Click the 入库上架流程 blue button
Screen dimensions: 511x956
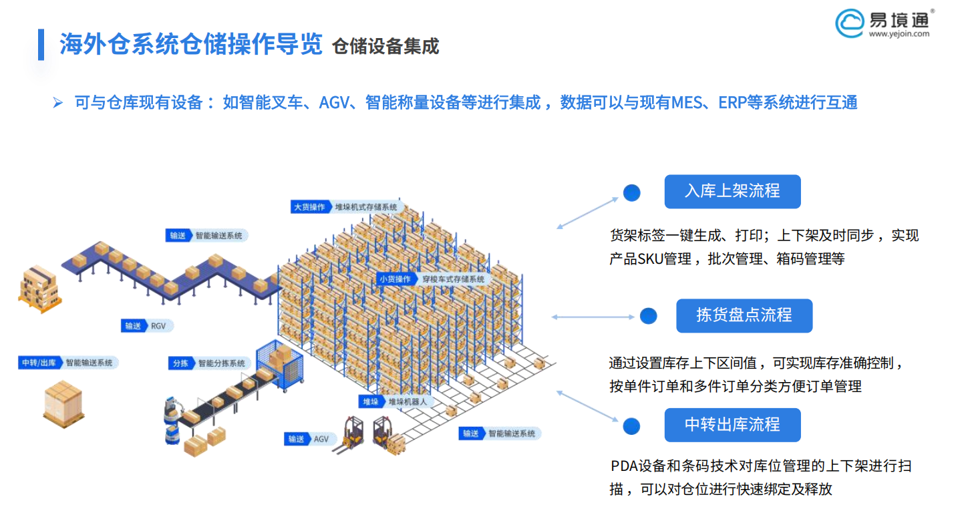click(732, 191)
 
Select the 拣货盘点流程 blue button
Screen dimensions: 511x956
click(744, 315)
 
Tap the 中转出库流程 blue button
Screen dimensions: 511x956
click(732, 424)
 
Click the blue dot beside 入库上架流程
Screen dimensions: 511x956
click(631, 193)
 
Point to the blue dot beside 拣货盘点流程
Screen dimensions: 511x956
click(648, 316)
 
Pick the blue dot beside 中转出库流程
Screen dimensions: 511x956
click(631, 426)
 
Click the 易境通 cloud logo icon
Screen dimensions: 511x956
click(850, 23)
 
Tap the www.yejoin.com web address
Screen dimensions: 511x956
click(899, 33)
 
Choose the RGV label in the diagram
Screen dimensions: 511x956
click(158, 326)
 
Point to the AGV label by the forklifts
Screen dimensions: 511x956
click(321, 439)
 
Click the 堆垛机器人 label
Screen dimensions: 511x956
click(407, 402)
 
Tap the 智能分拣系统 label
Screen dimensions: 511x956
click(221, 363)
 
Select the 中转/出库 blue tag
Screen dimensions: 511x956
click(39, 363)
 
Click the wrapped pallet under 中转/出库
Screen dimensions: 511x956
click(63, 404)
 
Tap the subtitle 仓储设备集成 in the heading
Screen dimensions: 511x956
click(385, 46)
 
